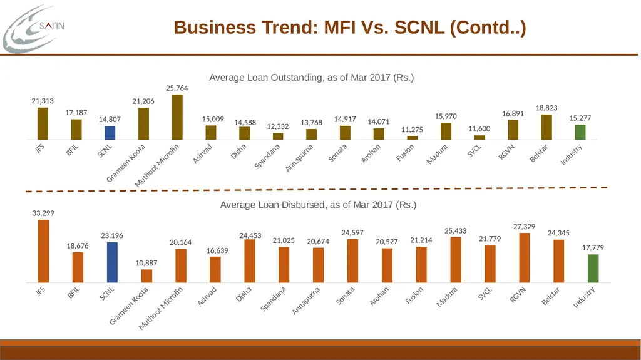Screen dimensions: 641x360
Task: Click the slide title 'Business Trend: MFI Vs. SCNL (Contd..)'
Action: pos(350,28)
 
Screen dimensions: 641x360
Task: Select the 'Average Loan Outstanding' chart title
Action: pos(312,77)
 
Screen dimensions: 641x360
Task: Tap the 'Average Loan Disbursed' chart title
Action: pos(318,205)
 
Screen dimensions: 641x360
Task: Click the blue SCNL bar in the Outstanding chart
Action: pos(110,133)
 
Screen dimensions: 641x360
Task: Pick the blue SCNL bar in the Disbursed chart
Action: pos(113,262)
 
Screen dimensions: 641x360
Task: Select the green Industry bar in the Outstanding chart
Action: pos(580,132)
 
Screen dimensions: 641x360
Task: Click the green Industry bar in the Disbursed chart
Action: pos(593,269)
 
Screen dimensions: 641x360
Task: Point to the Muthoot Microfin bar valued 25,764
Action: pos(177,118)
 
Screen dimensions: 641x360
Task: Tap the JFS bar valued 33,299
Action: pos(43,251)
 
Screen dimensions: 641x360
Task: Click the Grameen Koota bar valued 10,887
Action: pos(146,275)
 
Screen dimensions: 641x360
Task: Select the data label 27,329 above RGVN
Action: pos(524,227)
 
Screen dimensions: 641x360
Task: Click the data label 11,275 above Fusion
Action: pos(412,130)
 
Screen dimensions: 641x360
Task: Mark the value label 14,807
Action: pos(110,120)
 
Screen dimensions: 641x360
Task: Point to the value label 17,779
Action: pos(593,248)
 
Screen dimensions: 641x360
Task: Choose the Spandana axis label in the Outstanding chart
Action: pos(267,157)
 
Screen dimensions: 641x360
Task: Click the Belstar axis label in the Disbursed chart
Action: pos(551,296)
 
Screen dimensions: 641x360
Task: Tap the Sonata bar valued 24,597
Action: pos(352,260)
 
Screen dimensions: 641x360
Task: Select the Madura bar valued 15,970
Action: pos(446,131)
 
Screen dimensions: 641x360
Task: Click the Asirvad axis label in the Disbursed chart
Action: pos(207,297)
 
